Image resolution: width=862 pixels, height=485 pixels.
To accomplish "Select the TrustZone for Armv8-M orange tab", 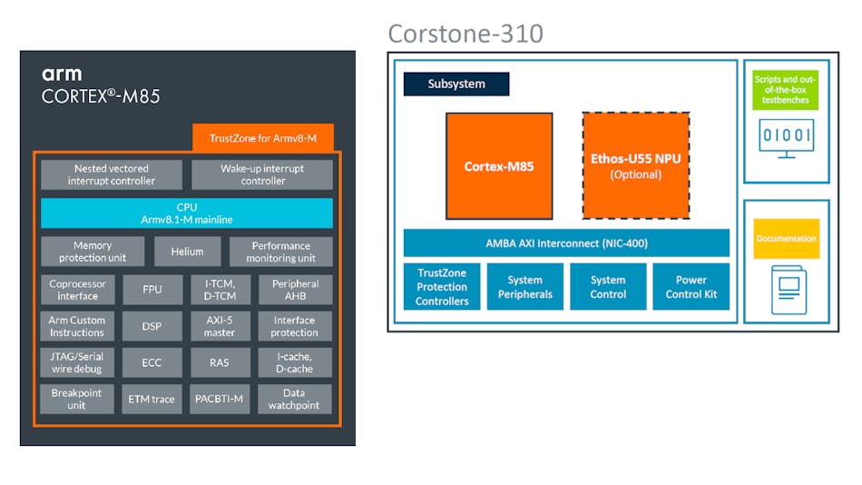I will click(263, 138).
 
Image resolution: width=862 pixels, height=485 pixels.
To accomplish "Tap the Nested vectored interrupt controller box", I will click(111, 174).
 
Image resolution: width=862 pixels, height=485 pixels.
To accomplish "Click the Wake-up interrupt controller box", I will click(262, 174).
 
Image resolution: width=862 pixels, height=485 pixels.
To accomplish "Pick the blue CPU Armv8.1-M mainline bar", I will click(187, 213).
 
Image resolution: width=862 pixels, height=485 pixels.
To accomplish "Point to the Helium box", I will click(186, 252).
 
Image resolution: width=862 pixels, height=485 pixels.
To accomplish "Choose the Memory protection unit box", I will click(93, 252).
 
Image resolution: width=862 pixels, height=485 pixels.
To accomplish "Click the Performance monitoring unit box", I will click(280, 252).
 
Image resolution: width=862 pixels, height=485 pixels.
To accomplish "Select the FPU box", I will click(152, 290).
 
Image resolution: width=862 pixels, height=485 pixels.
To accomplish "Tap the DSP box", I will click(152, 326).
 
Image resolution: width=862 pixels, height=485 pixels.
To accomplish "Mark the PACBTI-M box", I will click(219, 399).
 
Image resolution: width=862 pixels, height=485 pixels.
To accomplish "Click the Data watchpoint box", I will click(294, 399).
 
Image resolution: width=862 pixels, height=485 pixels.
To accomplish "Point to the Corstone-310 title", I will click(465, 35).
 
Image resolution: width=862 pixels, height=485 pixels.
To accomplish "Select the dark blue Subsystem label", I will click(456, 84).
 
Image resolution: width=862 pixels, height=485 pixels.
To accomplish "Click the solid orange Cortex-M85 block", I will click(499, 166).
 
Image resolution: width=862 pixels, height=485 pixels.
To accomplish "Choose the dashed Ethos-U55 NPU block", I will click(635, 166).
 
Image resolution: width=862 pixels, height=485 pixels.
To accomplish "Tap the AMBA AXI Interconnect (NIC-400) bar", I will click(566, 242).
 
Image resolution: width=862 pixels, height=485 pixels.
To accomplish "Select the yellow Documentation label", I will click(786, 239).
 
